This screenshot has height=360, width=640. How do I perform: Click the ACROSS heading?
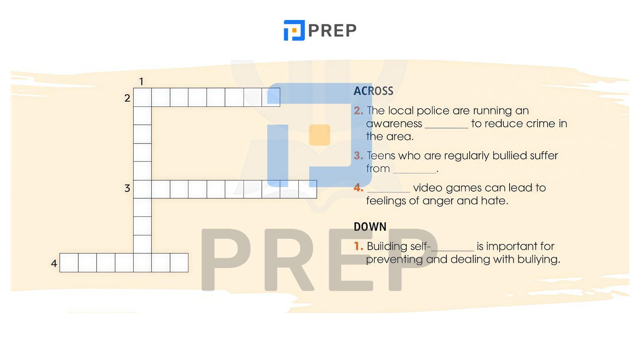point(374,91)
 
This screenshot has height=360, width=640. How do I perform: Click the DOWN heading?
point(370,226)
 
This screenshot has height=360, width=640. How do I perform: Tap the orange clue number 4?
point(358,188)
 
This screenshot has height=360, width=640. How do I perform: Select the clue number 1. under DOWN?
point(358,246)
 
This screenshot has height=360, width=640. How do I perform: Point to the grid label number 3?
point(127,188)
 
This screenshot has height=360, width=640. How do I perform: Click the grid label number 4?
point(54,263)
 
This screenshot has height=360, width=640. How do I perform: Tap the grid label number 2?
point(127,98)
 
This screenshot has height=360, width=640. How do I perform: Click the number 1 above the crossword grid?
point(141,82)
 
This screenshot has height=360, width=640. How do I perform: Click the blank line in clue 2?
point(446,128)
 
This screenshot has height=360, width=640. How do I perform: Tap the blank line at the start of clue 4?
point(388,192)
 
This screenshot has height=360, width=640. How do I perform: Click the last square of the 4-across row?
point(179,262)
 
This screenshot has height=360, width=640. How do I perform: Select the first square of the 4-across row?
point(69,262)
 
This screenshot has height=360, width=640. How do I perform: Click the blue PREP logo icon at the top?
point(294,30)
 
